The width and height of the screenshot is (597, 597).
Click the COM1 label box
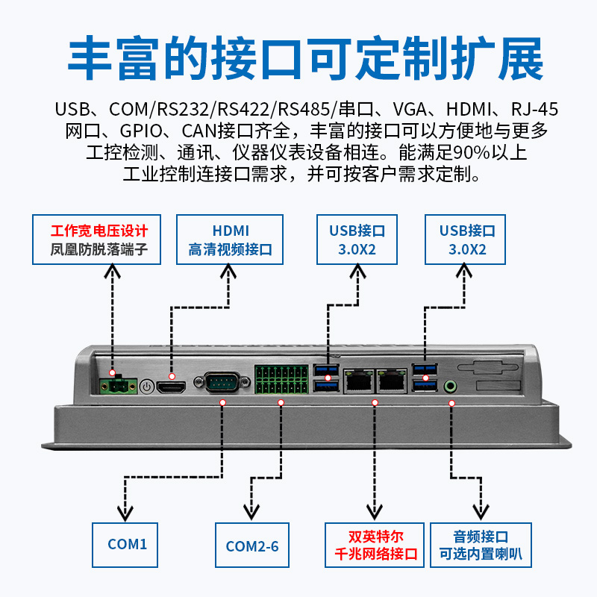click(125, 545)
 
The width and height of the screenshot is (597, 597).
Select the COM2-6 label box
click(252, 545)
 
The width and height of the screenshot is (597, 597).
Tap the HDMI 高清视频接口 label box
click(230, 240)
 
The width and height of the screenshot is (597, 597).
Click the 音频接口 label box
click(481, 545)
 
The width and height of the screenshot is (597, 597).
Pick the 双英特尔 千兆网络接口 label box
click(375, 545)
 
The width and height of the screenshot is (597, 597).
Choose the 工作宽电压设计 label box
click(97, 240)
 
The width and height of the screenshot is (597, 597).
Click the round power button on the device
click(147, 387)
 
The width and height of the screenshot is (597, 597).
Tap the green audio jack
click(451, 387)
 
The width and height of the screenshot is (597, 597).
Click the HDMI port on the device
click(172, 387)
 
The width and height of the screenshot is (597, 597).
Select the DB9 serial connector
click(222, 382)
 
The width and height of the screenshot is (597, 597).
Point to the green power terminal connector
click(118, 387)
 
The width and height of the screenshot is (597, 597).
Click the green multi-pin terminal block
click(281, 380)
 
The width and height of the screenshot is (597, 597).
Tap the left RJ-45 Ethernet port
click(358, 381)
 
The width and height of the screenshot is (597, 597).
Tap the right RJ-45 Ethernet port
click(392, 381)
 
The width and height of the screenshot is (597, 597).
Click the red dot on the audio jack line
click(451, 403)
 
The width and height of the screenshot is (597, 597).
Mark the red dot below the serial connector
click(222, 402)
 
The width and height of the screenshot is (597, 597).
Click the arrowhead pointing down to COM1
click(125, 514)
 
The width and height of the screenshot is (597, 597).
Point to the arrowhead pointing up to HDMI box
click(228, 272)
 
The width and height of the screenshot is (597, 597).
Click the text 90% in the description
click(472, 153)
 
